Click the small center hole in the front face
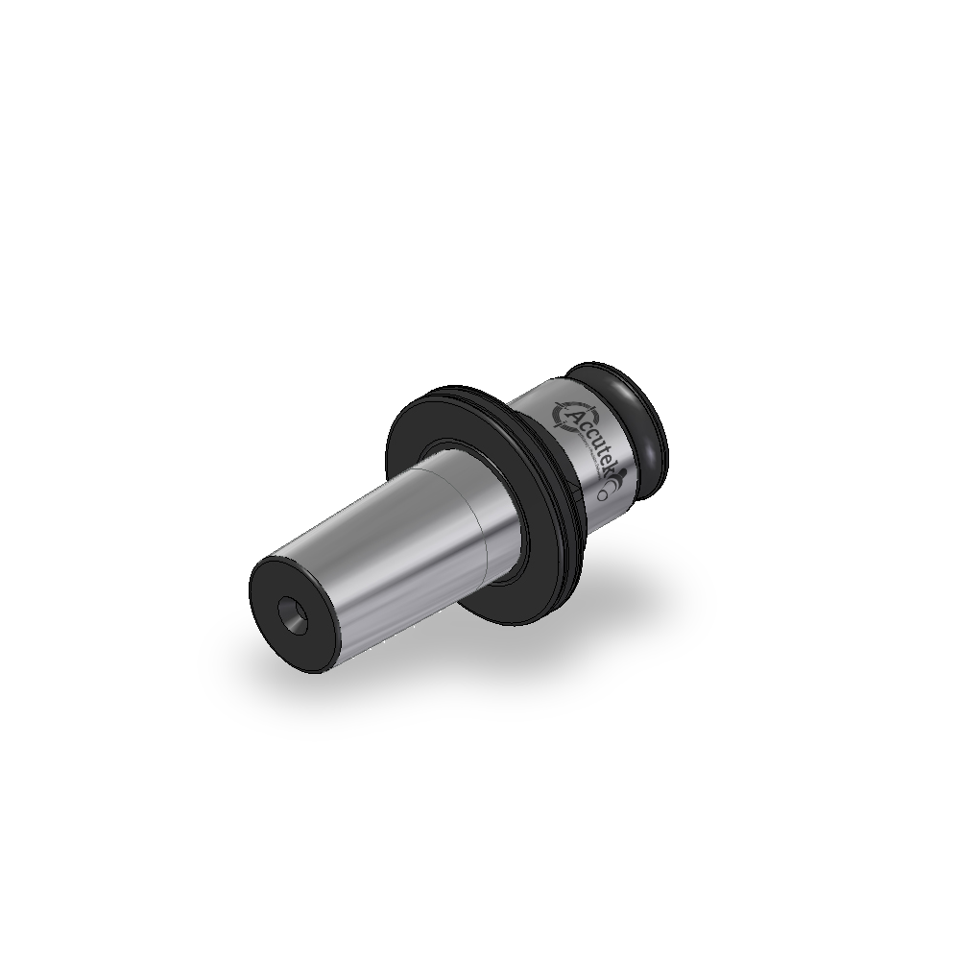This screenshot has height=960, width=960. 292,613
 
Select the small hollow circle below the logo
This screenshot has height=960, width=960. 603,495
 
